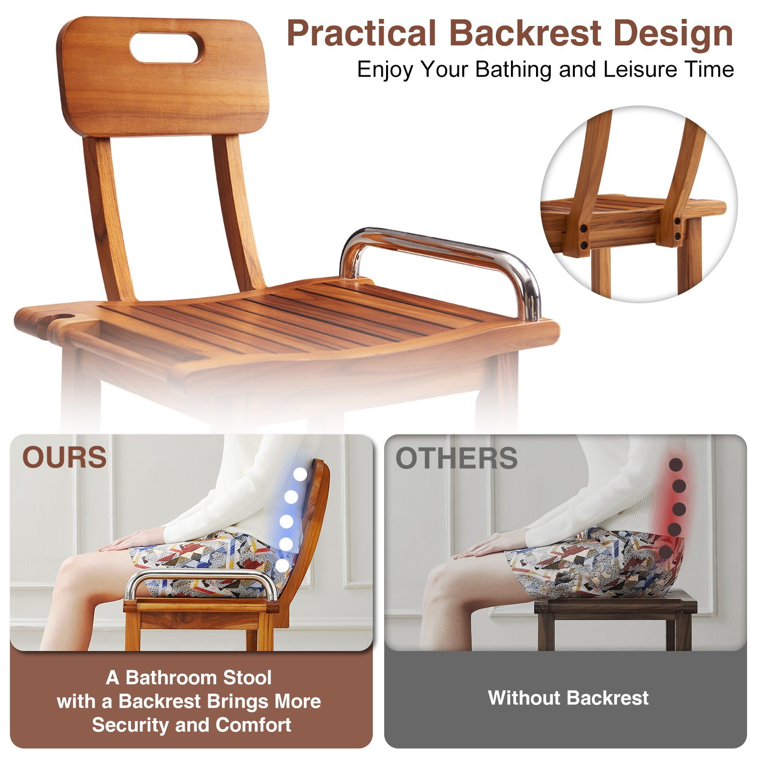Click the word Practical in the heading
[361, 35]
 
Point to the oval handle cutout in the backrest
[167, 47]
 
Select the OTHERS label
[457, 458]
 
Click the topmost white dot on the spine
[300, 474]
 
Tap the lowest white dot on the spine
[282, 565]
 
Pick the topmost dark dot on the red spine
[676, 465]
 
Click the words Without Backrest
[568, 698]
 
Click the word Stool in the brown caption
[247, 678]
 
